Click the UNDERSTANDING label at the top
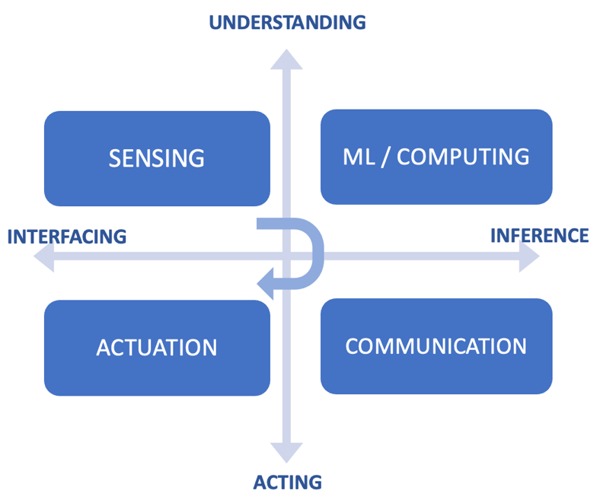pos(287,22)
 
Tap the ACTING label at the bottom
pos(287,482)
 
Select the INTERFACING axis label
pos(67,237)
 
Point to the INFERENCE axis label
pos(540,235)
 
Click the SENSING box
pos(158,158)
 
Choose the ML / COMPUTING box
pos(436,157)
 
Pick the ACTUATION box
pos(158,348)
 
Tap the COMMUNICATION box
pos(436,346)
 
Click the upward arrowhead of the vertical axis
pos(286,59)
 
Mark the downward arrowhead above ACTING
pos(286,453)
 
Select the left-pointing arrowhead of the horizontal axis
pos(44,256)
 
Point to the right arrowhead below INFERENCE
pos(529,256)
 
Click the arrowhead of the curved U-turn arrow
pos(265,283)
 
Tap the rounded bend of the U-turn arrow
pos(318,253)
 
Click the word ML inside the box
pos(359,157)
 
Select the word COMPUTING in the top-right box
pos(463,157)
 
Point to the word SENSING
pos(157,158)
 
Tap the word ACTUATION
pos(157,348)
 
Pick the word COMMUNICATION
pos(436,346)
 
